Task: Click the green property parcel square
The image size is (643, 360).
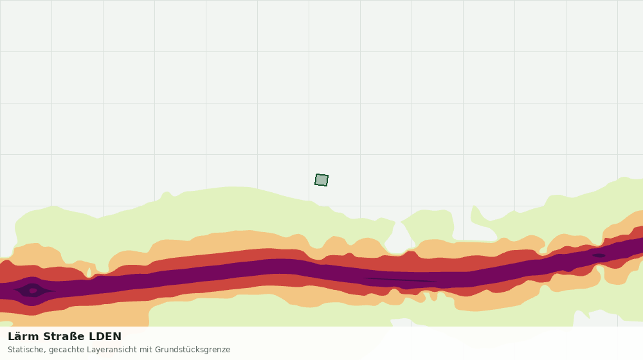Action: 321,180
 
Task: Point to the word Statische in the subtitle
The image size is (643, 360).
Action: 26,350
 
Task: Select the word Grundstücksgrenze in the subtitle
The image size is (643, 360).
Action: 193,350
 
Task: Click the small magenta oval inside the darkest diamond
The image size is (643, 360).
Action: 33,291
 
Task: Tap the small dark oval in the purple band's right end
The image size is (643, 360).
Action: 599,255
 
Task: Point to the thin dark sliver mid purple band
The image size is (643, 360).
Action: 400,280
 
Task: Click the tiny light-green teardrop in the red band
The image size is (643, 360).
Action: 89,273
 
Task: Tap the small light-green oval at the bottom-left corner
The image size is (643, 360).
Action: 6,324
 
